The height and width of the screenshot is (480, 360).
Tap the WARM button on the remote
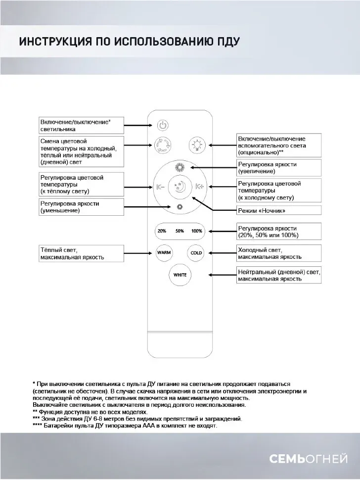(x=164, y=252)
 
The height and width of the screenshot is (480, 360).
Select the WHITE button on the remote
(x=180, y=275)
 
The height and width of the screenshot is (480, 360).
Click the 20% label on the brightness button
(x=162, y=231)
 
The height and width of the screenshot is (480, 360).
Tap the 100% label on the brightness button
(x=197, y=231)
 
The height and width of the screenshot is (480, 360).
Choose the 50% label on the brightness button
(x=180, y=231)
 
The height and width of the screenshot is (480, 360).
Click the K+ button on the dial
(x=199, y=187)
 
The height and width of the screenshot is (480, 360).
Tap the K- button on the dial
(x=160, y=187)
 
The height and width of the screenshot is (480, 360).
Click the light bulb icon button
(x=197, y=145)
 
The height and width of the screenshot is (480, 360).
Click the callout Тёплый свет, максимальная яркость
(x=81, y=253)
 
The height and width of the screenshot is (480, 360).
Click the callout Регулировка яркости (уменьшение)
(x=81, y=207)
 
